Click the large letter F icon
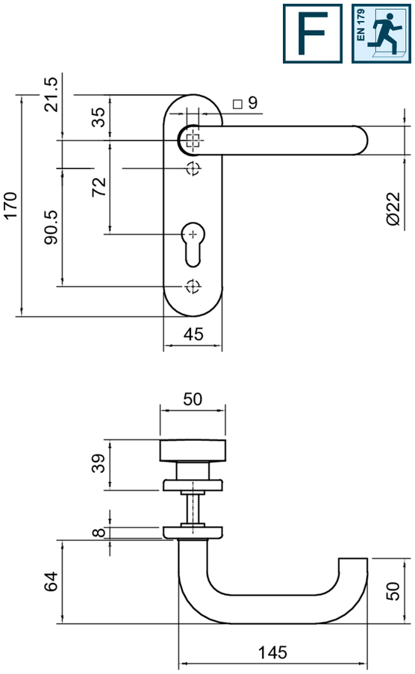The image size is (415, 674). click(313, 34)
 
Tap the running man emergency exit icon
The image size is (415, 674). click(381, 34)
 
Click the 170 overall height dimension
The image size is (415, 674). click(10, 206)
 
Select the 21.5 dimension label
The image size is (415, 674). click(51, 95)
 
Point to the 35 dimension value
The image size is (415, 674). click(99, 117)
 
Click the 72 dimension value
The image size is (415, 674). click(99, 187)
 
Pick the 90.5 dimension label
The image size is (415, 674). click(51, 227)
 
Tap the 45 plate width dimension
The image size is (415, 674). click(193, 335)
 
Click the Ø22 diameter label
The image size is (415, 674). click(393, 209)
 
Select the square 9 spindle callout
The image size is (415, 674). click(245, 103)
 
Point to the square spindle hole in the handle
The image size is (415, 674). click(193, 140)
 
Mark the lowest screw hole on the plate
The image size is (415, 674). click(193, 286)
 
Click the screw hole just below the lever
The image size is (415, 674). click(193, 168)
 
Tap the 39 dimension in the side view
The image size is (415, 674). click(99, 463)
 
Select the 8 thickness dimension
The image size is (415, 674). click(99, 533)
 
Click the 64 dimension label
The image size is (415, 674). click(51, 581)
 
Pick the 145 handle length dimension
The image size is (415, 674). click(272, 652)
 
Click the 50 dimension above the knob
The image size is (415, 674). click(193, 399)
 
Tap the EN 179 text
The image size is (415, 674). click(361, 25)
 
